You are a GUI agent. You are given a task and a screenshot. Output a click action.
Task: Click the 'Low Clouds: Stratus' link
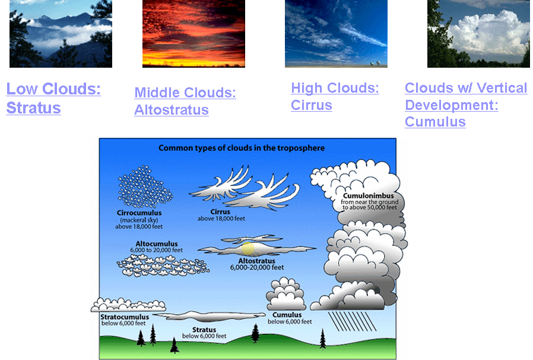(x=53, y=99)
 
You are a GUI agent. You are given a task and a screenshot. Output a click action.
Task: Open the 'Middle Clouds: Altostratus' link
(x=185, y=101)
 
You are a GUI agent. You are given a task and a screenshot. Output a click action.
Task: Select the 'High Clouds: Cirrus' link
(x=335, y=96)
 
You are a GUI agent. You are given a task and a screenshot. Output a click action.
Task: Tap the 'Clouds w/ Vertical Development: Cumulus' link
(x=466, y=105)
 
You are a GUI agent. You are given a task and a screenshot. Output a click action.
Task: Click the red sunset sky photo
(x=193, y=34)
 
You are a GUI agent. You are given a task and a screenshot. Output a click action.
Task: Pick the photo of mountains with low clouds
(x=61, y=34)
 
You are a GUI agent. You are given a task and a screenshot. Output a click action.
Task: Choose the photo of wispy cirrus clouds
(x=336, y=34)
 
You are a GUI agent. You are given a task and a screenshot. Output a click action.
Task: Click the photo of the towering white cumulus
(x=478, y=34)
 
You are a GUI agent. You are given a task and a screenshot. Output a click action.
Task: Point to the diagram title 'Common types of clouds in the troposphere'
(x=242, y=148)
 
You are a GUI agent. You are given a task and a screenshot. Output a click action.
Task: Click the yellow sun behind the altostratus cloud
(x=248, y=248)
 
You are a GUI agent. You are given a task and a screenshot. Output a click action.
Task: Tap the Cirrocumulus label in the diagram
(x=139, y=213)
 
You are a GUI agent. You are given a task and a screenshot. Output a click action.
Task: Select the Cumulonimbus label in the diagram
(x=369, y=195)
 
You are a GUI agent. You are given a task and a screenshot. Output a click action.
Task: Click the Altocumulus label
(x=157, y=244)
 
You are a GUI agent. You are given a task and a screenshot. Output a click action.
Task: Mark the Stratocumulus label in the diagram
(x=125, y=317)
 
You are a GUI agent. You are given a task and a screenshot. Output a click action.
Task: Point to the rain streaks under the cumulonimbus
(x=352, y=321)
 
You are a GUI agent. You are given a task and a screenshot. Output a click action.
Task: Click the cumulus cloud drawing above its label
(x=286, y=293)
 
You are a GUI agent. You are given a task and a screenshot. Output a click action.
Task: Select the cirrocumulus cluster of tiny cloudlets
(x=145, y=187)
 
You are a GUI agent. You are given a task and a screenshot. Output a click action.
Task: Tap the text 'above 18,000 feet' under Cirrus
(x=221, y=219)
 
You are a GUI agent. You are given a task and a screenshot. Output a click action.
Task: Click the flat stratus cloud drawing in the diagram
(x=209, y=317)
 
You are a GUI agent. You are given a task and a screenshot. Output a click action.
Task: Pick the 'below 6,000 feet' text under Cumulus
(x=290, y=321)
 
